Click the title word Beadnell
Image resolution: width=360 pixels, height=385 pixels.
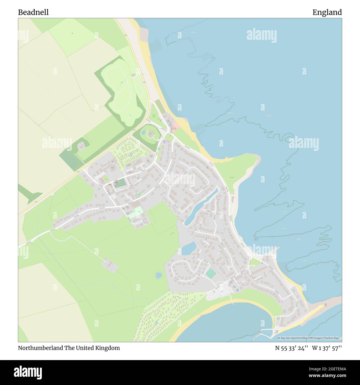(33, 12)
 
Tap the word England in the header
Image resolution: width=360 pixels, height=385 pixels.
(327, 12)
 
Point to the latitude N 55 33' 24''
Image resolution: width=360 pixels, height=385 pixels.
(292, 348)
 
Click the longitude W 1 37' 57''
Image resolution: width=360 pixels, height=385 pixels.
(327, 348)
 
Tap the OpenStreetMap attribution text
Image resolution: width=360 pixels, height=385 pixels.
(310, 338)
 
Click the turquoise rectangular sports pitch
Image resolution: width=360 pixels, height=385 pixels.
(210, 274)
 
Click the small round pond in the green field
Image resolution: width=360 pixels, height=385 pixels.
(159, 275)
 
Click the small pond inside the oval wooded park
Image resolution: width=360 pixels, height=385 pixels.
(143, 133)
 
